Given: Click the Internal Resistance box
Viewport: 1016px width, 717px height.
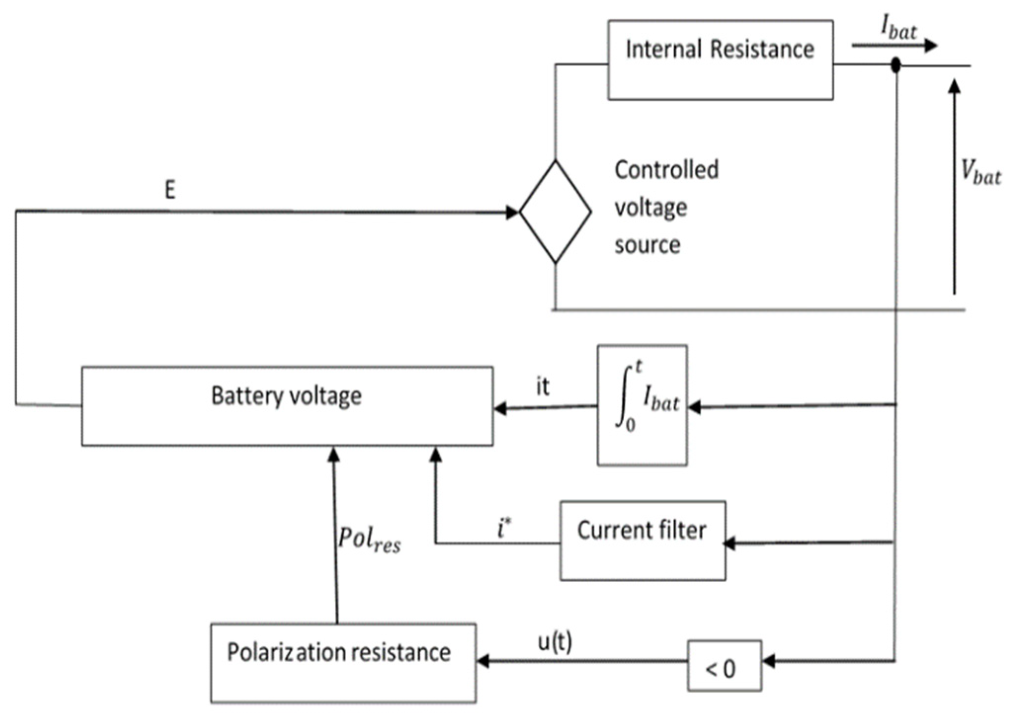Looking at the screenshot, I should click(x=720, y=60).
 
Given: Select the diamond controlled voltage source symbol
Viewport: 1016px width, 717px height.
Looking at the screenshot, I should click(x=555, y=212).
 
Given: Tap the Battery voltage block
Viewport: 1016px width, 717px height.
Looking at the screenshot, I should click(x=287, y=406).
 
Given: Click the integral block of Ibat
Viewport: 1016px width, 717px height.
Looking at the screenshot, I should click(x=642, y=405).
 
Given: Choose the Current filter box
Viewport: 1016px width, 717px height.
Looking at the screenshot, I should click(x=643, y=541).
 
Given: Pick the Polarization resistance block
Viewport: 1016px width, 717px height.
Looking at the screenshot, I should click(x=343, y=662).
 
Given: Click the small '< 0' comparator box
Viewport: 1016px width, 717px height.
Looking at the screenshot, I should click(x=724, y=665).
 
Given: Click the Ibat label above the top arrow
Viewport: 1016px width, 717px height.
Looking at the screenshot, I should click(x=899, y=30).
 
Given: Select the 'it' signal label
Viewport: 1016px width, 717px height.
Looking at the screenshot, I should click(x=542, y=387).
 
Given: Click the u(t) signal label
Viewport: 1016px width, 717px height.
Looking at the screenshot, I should click(x=555, y=643).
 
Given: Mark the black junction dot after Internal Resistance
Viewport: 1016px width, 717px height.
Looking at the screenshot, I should click(x=895, y=65).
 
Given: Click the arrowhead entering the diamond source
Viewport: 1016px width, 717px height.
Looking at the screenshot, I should click(x=512, y=212).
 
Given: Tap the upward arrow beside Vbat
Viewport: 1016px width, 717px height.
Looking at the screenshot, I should click(x=954, y=188).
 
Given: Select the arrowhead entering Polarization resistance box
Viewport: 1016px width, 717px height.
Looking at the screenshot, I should click(x=483, y=661).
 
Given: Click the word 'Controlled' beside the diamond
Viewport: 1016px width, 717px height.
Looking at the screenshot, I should click(x=666, y=170).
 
